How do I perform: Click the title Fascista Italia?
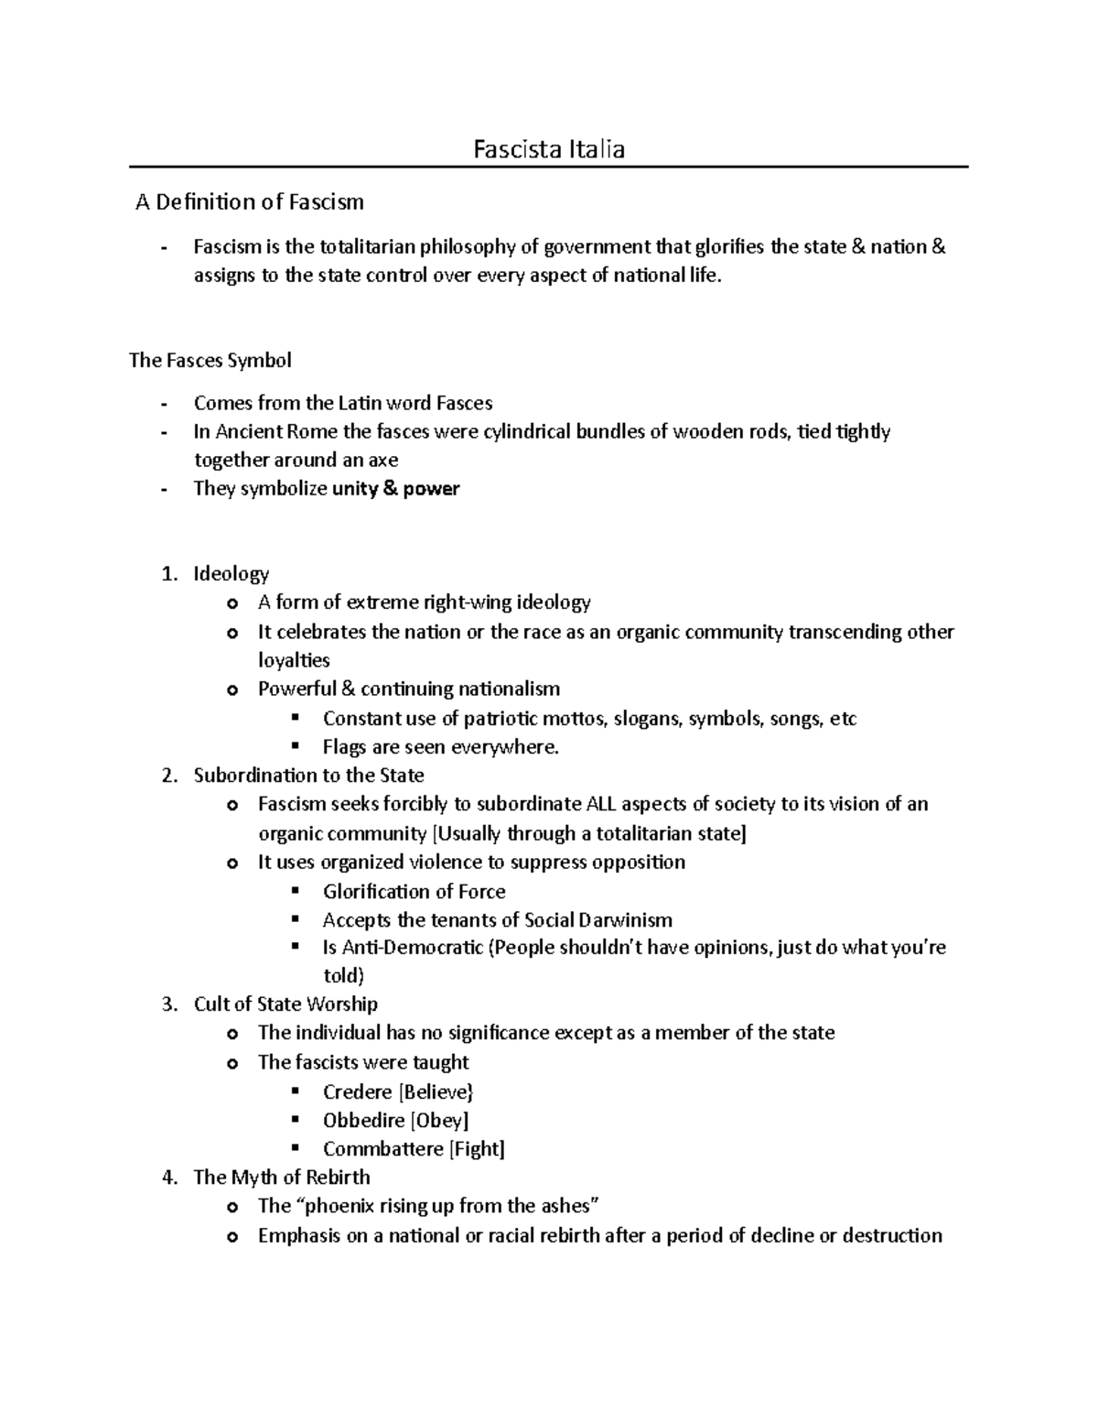pos(548,149)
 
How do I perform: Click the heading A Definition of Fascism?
pos(249,202)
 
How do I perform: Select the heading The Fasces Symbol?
pos(210,361)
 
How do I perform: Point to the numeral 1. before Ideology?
pos(167,574)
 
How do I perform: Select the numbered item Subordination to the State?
pos(308,776)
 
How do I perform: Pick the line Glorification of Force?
pos(414,892)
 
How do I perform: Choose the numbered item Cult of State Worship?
pos(285,1004)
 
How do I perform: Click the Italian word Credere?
pos(357,1091)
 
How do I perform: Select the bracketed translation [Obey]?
pos(439,1121)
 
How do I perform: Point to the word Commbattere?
pos(382,1149)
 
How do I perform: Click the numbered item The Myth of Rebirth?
pos(282,1178)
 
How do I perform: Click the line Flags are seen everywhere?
pos(440,747)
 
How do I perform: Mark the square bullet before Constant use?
pos(295,718)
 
